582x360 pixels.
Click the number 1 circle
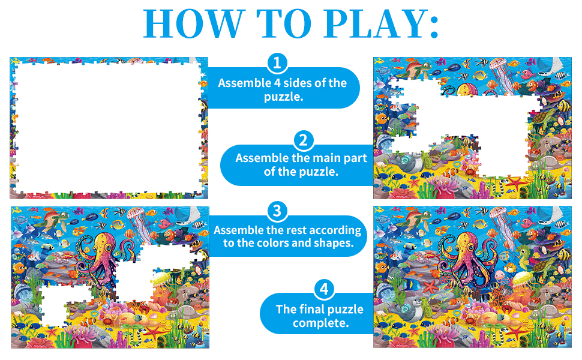click(277, 62)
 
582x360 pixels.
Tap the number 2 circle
click(304, 140)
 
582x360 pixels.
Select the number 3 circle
click(277, 211)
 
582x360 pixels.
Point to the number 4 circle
click(324, 290)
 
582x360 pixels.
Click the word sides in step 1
click(298, 83)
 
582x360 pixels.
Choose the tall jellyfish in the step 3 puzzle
click(135, 219)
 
